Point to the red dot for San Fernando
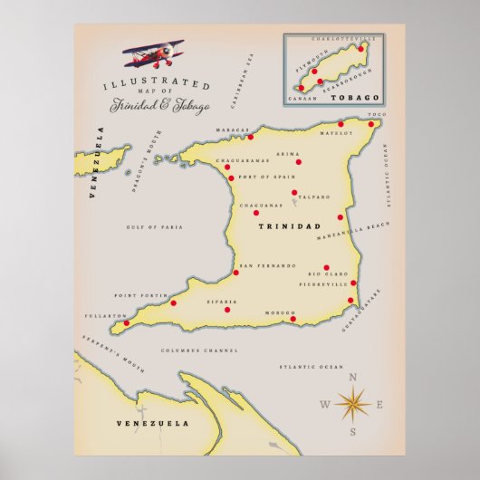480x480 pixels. pyautogui.click(x=236, y=271)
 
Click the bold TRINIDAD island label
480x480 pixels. pyautogui.click(x=290, y=226)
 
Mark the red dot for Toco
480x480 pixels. pyautogui.click(x=372, y=124)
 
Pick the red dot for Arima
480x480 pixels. pyautogui.click(x=298, y=162)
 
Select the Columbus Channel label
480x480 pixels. pyautogui.click(x=199, y=350)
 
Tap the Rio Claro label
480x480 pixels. pyautogui.click(x=328, y=273)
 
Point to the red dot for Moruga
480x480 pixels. pyautogui.click(x=293, y=319)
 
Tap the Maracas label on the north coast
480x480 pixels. pyautogui.click(x=231, y=130)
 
